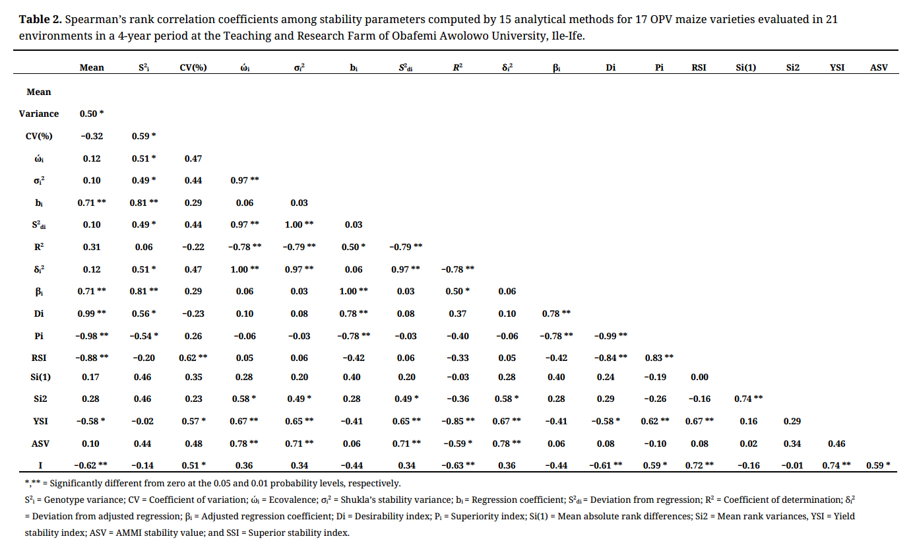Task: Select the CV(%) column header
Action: click(x=193, y=67)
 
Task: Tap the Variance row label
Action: click(x=39, y=114)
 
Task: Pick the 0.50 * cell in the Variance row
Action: click(x=92, y=114)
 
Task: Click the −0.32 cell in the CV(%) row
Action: click(x=92, y=136)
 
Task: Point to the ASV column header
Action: click(x=879, y=67)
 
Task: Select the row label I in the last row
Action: click(x=39, y=465)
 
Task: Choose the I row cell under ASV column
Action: click(x=879, y=465)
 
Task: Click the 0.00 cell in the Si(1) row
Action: click(x=699, y=377)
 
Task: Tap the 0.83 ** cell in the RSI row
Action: click(x=659, y=357)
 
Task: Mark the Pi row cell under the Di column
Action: click(x=610, y=335)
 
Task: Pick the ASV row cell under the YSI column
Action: click(x=836, y=444)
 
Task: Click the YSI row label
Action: click(x=39, y=422)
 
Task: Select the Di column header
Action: click(x=610, y=67)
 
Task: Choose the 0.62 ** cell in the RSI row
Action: click(x=193, y=357)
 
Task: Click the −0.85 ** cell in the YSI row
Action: click(x=457, y=422)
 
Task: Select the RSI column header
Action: click(x=699, y=67)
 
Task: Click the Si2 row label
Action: click(x=39, y=399)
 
